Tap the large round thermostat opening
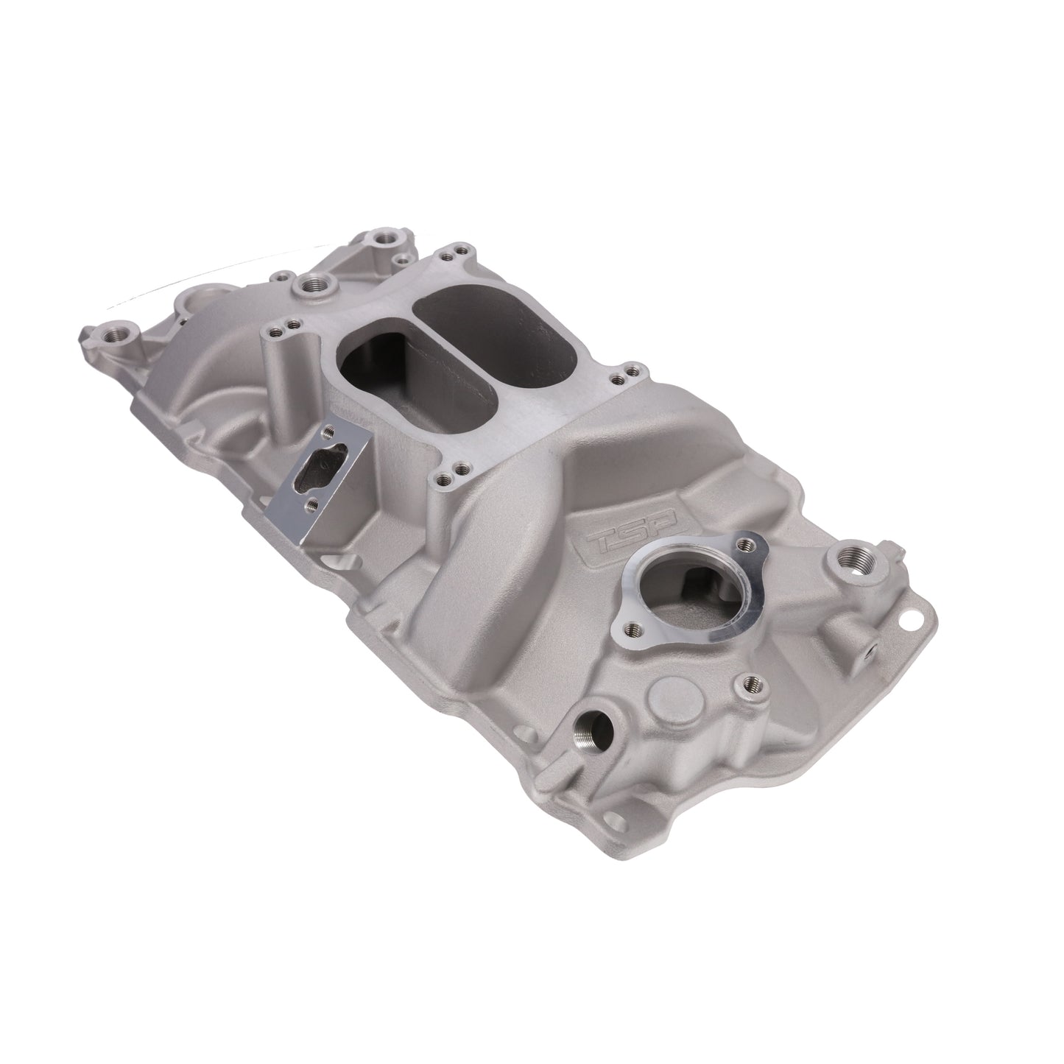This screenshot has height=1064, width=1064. click(x=688, y=599)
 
